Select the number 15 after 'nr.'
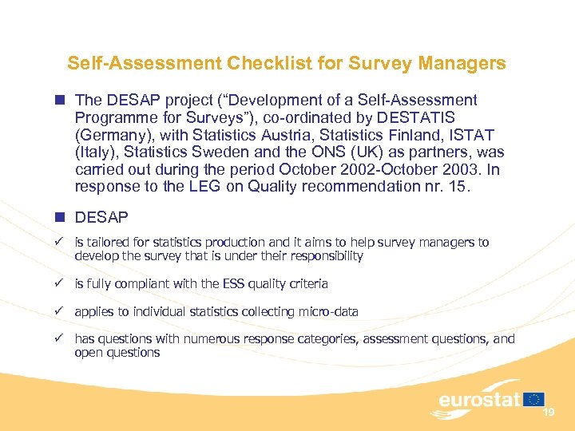tap(466, 188)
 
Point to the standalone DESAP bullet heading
tap(102, 217)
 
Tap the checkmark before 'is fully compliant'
tap(59, 283)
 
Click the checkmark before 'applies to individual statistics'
tap(59, 311)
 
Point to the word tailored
tap(109, 242)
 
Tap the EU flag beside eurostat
tap(535, 398)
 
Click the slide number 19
tap(549, 412)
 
